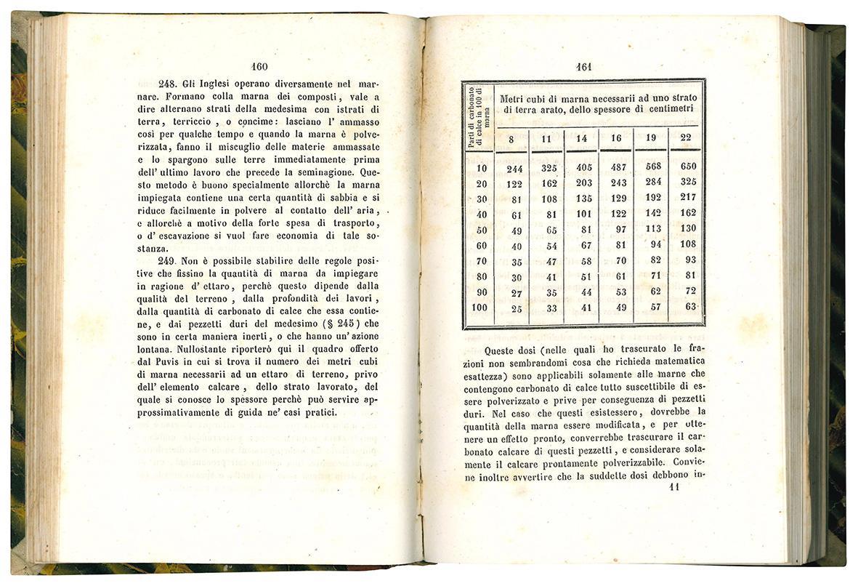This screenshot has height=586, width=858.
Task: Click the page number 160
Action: [259, 67]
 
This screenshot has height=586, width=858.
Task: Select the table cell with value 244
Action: [511, 169]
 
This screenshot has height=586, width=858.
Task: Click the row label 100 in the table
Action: [479, 307]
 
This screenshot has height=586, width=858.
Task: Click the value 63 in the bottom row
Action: [689, 307]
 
